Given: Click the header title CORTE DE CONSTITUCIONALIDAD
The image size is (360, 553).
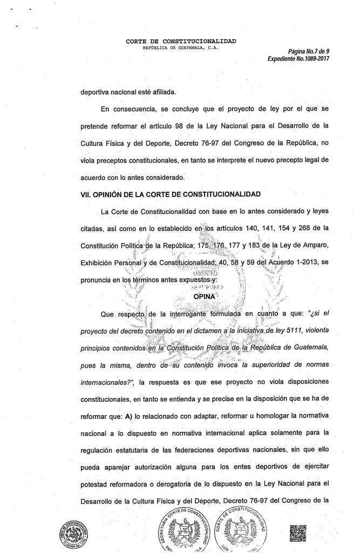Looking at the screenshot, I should (180, 41).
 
